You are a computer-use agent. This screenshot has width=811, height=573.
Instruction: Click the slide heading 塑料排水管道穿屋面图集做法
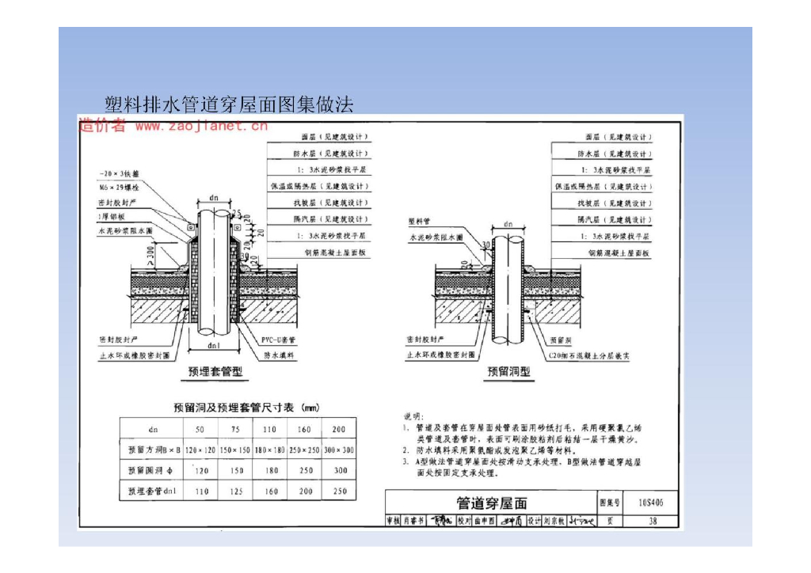pyautogui.click(x=229, y=104)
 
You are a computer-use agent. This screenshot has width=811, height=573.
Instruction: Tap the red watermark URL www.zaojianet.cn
pyautogui.click(x=201, y=125)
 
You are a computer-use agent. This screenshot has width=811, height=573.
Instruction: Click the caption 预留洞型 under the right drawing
pyautogui.click(x=508, y=370)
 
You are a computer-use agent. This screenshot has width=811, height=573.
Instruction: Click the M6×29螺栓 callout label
pyautogui.click(x=119, y=188)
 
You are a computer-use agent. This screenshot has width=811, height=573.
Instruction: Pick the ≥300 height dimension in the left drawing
pyautogui.click(x=148, y=254)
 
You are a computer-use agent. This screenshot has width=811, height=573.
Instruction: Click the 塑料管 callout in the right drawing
pyautogui.click(x=419, y=222)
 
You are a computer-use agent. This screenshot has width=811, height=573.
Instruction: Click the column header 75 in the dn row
pyautogui.click(x=235, y=429)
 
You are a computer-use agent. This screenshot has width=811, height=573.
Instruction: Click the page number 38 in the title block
pyautogui.click(x=652, y=521)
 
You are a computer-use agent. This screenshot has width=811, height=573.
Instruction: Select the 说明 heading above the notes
pyautogui.click(x=414, y=416)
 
